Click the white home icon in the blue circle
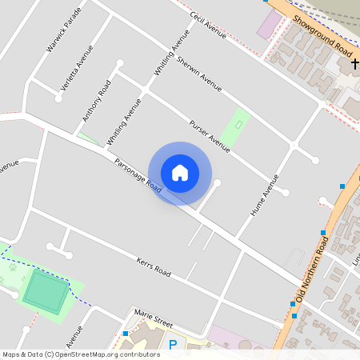pyautogui.click(x=180, y=172)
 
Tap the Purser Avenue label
pyautogui.click(x=210, y=133)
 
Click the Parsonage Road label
pyautogui.click(x=138, y=176)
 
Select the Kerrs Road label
pyautogui.click(x=154, y=267)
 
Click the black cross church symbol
pyautogui.click(x=354, y=62)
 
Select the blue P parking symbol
pyautogui.click(x=173, y=345)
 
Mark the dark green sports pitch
pyautogui.click(x=46, y=290)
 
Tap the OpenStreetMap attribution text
pyautogui.click(x=80, y=354)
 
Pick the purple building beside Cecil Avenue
pyautogui.click(x=269, y=23)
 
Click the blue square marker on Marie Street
pyautogui.click(x=126, y=332)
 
